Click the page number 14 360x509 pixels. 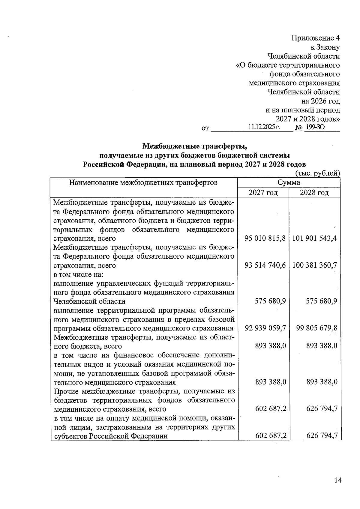[338, 480]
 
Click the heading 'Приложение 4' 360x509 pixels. [316, 38]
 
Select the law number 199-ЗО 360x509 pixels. [314, 127]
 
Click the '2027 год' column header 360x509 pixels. [263, 192]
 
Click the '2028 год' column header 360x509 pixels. [314, 192]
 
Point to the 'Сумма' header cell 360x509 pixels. [289, 182]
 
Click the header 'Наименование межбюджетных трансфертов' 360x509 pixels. [143, 182]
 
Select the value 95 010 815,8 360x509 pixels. [265, 238]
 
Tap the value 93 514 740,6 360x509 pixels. [265, 265]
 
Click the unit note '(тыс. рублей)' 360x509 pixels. [318, 173]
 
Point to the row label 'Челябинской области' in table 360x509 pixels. [89, 301]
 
